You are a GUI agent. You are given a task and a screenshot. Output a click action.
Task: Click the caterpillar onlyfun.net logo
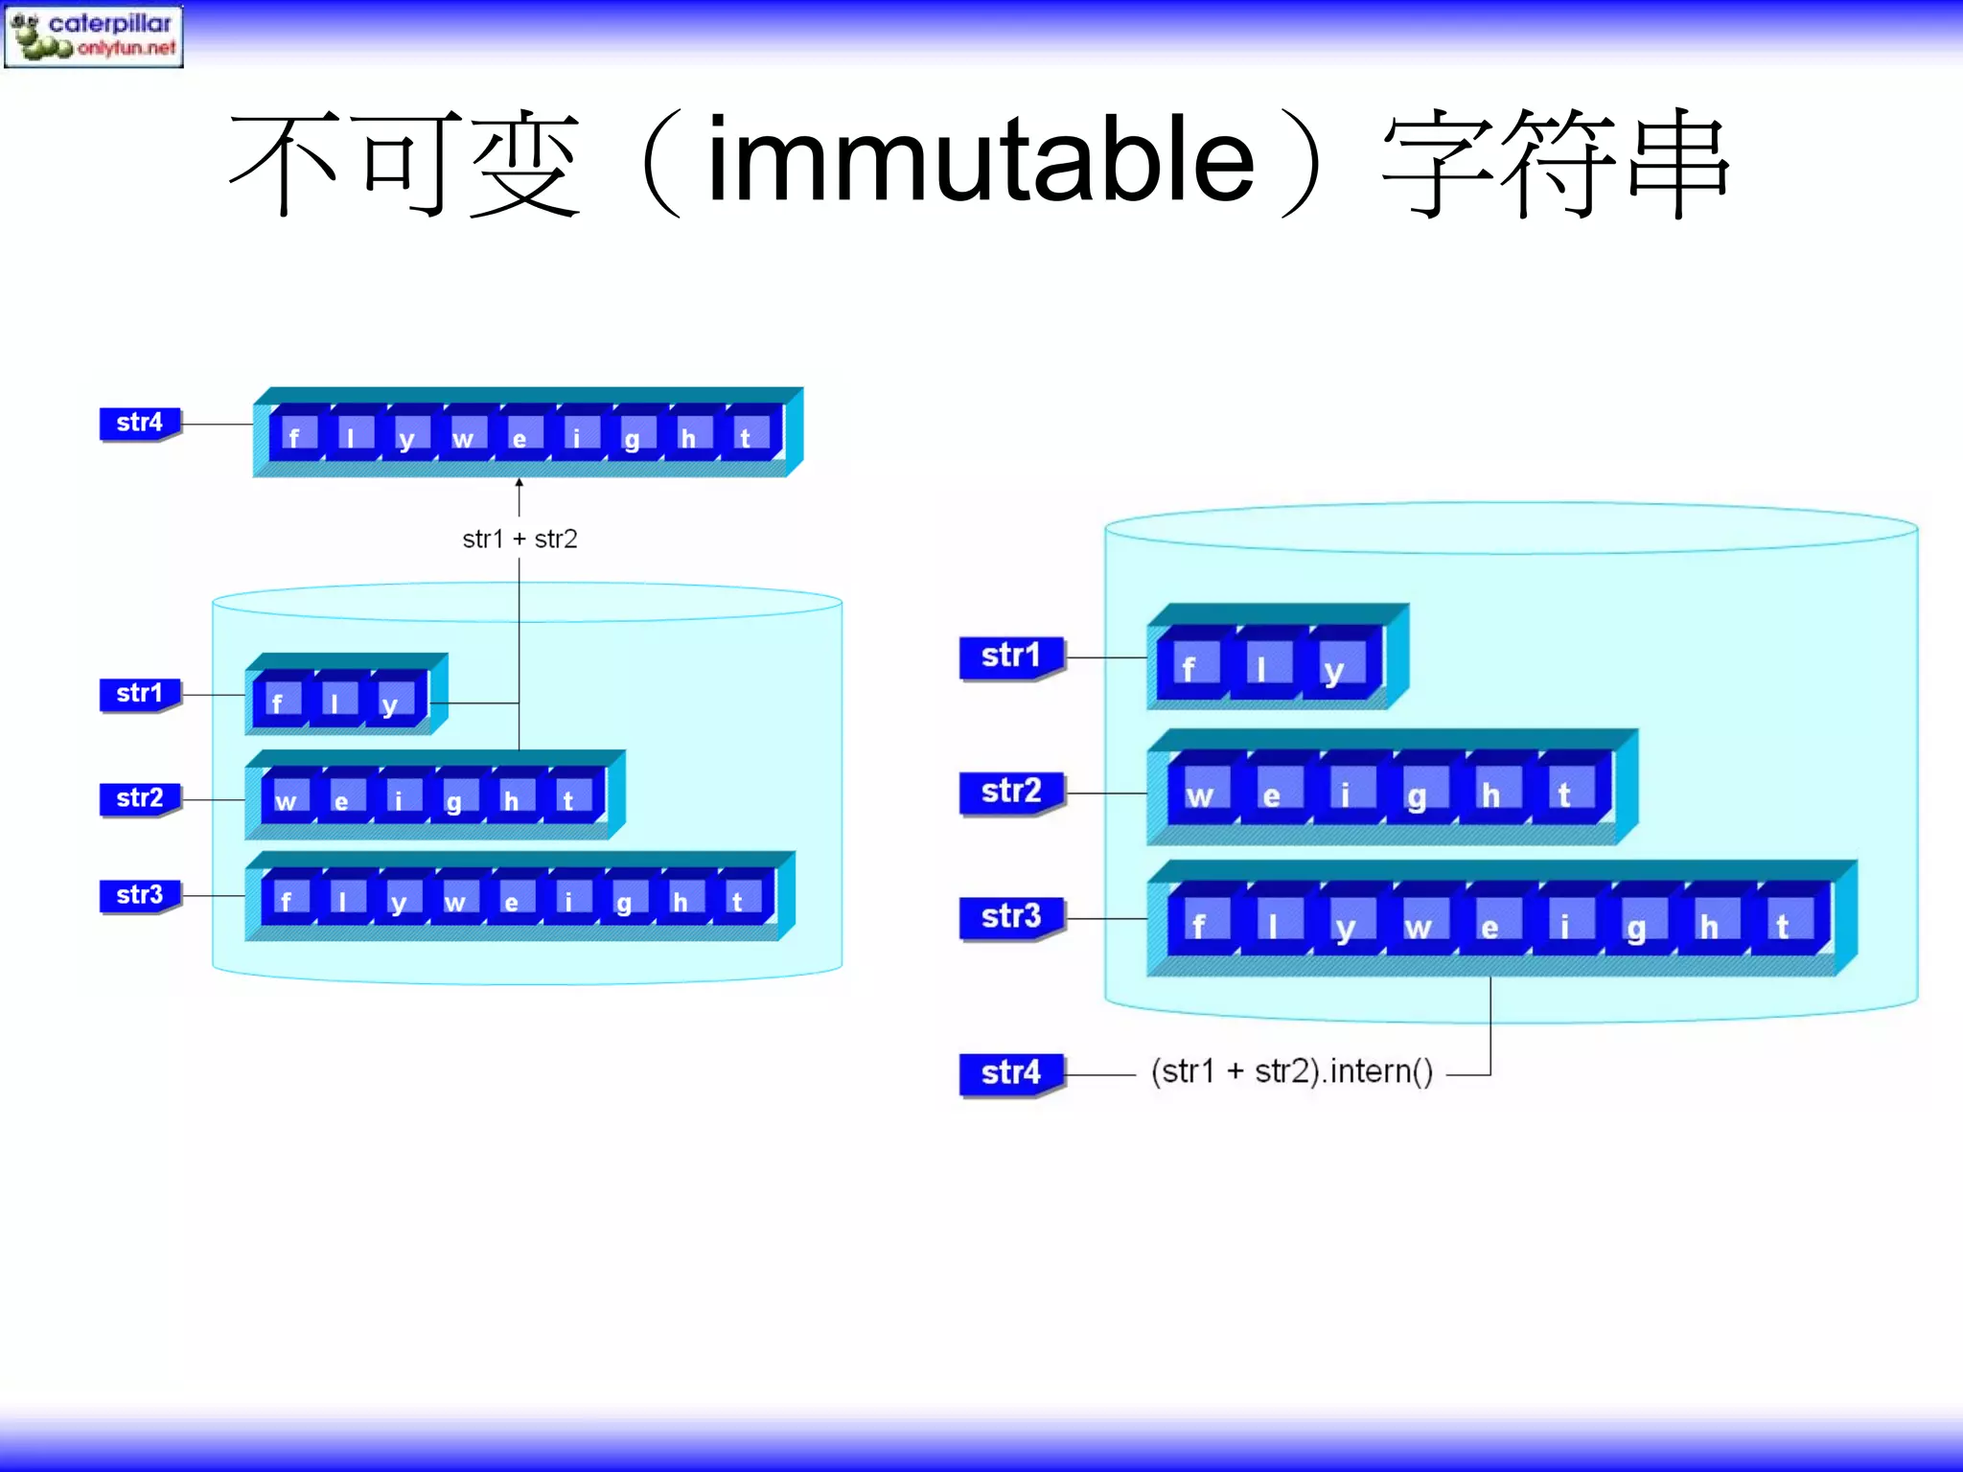point(93,35)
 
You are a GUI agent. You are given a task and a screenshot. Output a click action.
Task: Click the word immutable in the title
point(980,160)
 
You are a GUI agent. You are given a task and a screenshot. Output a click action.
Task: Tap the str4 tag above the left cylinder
point(140,423)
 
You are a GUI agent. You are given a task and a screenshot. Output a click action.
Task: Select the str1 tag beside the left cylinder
point(140,694)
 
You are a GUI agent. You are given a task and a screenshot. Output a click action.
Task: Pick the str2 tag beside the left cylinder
point(140,798)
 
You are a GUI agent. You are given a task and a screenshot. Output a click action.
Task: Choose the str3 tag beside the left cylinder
point(140,895)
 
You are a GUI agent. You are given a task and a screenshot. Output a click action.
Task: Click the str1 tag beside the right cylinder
point(1011,656)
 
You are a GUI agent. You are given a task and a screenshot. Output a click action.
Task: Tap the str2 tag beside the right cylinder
point(1011,792)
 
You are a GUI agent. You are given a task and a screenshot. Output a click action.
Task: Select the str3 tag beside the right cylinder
point(1011,917)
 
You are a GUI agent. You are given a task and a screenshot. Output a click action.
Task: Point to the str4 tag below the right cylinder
point(1011,1072)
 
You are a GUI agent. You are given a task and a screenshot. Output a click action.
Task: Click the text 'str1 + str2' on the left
point(520,540)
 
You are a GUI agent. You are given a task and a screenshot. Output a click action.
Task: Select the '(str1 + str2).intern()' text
point(1292,1071)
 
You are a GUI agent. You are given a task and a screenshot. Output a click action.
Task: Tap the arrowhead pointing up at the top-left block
point(520,484)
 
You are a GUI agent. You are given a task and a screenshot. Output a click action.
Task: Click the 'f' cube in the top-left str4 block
point(294,436)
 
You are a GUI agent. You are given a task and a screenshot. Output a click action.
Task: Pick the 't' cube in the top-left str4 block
point(746,436)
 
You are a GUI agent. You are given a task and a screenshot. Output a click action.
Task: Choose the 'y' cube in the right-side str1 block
point(1334,668)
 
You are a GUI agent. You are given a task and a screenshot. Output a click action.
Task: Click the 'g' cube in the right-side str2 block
point(1417,793)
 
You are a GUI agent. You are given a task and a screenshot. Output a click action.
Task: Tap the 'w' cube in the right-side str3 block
point(1418,925)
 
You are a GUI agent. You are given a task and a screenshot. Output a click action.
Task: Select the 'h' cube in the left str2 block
point(512,798)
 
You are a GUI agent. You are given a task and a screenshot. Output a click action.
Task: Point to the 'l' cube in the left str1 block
point(334,701)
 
